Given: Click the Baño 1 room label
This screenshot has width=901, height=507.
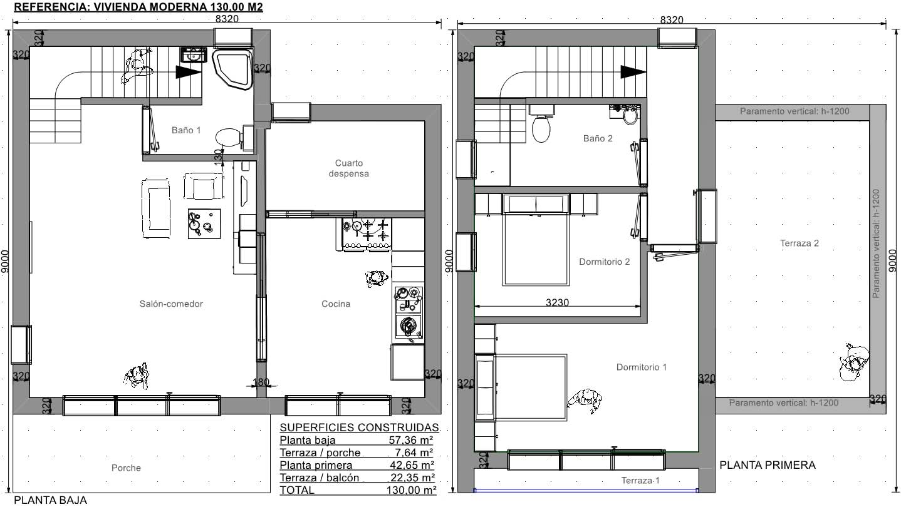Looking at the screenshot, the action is click(x=186, y=130).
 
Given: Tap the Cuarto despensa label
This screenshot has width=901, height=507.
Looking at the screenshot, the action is click(x=349, y=168).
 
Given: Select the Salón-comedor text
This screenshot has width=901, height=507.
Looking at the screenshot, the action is click(x=171, y=304).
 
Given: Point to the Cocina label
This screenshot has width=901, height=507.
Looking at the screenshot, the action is click(x=336, y=304).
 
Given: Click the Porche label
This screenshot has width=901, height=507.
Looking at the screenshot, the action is click(x=127, y=468).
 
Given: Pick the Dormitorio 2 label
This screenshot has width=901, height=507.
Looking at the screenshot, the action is click(x=605, y=262).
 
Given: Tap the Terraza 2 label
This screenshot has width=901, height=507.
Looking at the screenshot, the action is click(x=799, y=243).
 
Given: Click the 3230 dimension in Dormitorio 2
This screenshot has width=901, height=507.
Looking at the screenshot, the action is click(x=557, y=302).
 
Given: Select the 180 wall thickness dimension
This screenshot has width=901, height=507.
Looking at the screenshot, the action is click(x=261, y=381).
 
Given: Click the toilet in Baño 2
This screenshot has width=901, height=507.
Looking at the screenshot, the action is click(x=541, y=125).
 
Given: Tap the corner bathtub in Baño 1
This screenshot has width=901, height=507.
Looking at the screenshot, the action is click(x=232, y=68).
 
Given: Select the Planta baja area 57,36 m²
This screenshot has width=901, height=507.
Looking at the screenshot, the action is click(x=411, y=440).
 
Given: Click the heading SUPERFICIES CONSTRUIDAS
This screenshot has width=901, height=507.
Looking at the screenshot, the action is click(x=359, y=428).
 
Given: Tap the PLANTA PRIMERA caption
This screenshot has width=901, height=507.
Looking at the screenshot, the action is click(x=768, y=465).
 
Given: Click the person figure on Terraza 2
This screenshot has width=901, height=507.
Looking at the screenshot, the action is click(x=855, y=362).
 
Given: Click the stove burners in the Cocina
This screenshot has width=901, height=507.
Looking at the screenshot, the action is click(x=367, y=233).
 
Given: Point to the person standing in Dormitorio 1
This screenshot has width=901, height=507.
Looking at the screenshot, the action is click(x=585, y=401).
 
